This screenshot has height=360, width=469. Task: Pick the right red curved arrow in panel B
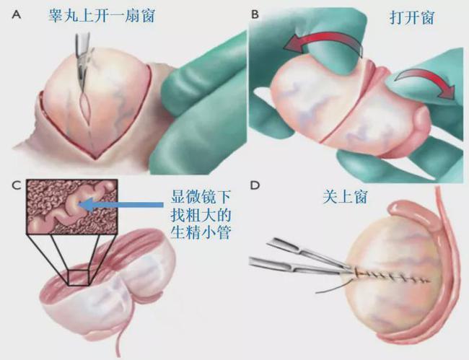(431, 79)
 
